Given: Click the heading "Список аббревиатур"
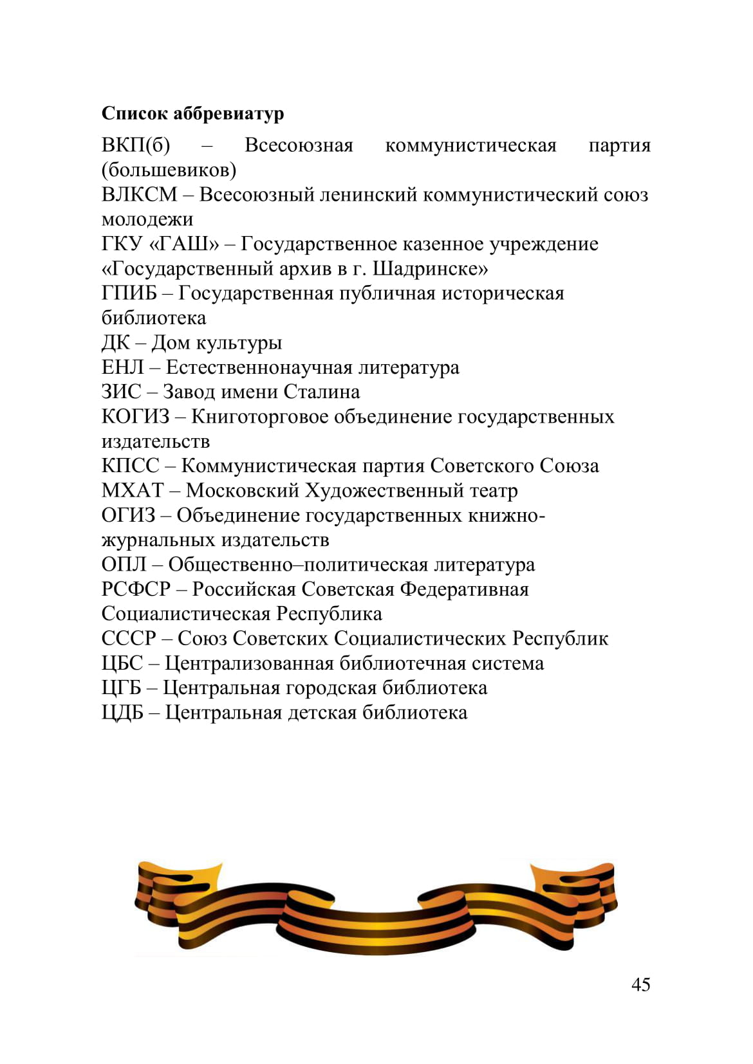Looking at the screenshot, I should point(192,113).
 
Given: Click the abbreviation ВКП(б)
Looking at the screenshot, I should point(136,145).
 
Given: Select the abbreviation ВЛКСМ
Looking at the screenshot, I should point(139,194).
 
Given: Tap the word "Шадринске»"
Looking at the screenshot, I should point(430,268).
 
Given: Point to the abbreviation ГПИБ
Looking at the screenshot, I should point(129,293).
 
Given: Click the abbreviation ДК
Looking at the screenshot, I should point(115,343).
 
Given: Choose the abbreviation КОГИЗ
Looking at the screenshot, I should point(135,417).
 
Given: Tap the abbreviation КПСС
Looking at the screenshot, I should point(130,466).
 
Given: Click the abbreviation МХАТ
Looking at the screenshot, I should point(133,491).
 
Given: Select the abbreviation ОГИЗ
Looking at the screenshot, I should point(128,515).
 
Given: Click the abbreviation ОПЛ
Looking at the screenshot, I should point(124,565).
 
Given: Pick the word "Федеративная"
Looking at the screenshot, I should point(464,589).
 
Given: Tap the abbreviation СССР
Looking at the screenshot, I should point(128,639).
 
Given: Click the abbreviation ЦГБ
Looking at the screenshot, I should point(121,688).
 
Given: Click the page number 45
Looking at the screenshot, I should point(640,985).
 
